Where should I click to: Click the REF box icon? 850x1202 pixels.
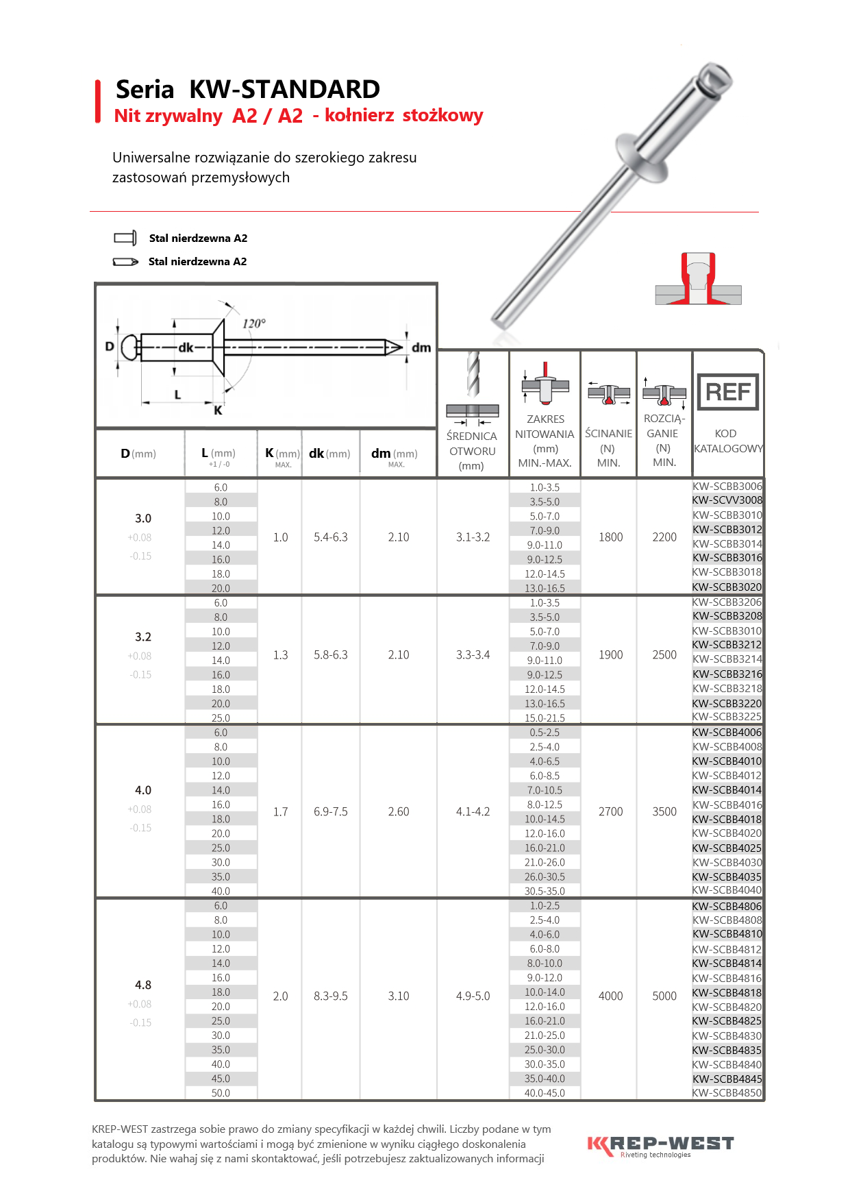tap(727, 392)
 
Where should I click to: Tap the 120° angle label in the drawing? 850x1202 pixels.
tap(254, 323)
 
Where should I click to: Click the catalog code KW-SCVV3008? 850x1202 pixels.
tap(727, 500)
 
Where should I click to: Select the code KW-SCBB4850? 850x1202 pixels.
tap(727, 1093)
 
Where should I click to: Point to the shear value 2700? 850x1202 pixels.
tap(611, 811)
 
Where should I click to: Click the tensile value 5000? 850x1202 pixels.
tap(664, 996)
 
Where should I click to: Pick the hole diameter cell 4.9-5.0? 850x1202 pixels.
tap(473, 996)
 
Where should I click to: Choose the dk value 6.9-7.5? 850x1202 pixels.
tap(331, 811)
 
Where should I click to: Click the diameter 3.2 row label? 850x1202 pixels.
tap(143, 637)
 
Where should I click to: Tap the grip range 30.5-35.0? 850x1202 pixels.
tap(545, 891)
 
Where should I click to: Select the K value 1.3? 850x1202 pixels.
tap(281, 655)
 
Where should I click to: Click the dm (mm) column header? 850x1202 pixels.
tap(395, 454)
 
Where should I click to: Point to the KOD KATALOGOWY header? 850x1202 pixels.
tap(728, 441)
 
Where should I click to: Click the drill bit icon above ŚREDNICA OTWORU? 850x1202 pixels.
tap(473, 373)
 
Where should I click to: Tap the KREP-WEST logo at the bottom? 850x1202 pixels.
tap(660, 1145)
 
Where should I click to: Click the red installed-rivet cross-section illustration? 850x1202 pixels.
tap(698, 280)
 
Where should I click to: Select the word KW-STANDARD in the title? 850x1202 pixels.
tap(284, 89)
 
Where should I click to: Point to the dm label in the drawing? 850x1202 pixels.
tap(421, 347)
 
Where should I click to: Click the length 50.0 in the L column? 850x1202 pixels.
tap(221, 1093)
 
